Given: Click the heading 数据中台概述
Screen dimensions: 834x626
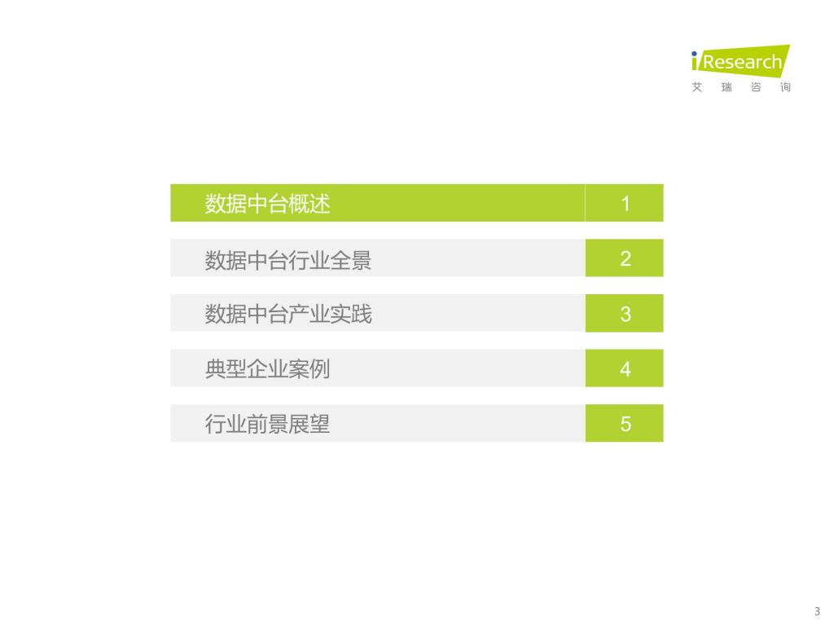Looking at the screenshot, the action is click(267, 203).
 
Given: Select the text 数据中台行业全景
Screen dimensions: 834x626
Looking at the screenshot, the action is click(288, 260).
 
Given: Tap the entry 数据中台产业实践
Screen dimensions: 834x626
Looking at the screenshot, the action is click(288, 314).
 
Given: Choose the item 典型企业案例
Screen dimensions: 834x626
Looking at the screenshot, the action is click(267, 369).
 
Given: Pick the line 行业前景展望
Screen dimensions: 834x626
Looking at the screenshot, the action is click(267, 424).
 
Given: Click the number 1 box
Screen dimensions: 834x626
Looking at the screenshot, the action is click(625, 203).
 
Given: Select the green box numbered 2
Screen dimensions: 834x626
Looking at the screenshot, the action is click(625, 258).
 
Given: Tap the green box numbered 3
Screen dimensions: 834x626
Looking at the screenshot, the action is click(625, 313).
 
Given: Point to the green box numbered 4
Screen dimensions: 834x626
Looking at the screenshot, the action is click(625, 368).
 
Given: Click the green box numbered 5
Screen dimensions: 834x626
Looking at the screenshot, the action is click(625, 423).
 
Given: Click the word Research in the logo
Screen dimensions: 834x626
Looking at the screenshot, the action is click(743, 62).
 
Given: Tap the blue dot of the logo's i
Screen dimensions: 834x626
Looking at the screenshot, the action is click(694, 54).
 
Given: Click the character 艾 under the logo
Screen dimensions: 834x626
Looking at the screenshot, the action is click(697, 87).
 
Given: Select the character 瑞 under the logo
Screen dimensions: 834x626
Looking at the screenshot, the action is click(726, 87).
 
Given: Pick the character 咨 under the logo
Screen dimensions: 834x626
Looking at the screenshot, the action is click(756, 87).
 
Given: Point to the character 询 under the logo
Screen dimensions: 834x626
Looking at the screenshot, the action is click(786, 87).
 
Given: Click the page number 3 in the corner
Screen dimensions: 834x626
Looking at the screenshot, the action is click(818, 611).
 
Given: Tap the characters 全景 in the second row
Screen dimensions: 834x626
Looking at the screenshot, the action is click(351, 260).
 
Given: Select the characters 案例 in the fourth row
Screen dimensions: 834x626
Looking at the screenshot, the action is click(309, 369).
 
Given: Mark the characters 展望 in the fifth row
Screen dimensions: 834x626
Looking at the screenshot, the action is click(309, 424).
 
